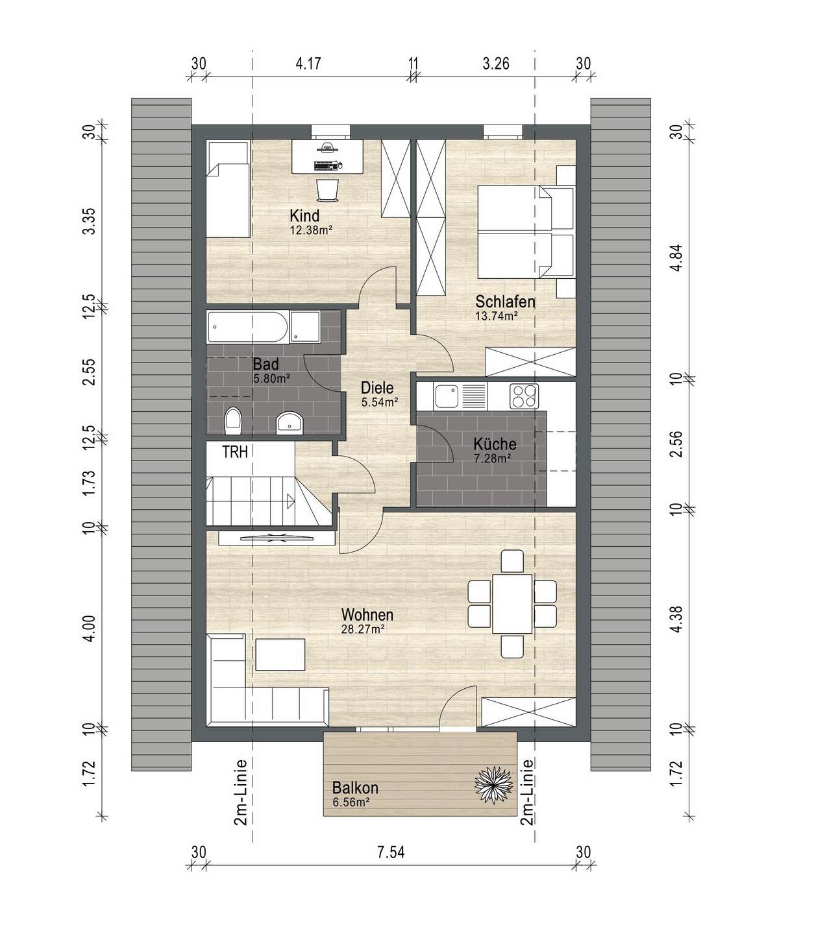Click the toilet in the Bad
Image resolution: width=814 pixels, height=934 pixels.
point(233,420)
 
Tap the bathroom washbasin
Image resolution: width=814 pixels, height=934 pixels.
point(290,422)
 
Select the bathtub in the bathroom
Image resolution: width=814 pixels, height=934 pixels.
point(248,327)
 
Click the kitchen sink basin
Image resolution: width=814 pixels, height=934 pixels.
point(447,396)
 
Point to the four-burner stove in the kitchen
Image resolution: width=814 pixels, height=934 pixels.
point(524,396)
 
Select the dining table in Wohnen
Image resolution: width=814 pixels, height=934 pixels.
point(512,603)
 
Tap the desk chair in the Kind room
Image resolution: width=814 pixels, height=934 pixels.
point(327,190)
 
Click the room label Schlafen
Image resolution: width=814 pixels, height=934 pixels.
point(505,302)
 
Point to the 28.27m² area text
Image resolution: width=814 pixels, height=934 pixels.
point(363,629)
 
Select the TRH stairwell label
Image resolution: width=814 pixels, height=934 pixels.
point(235,452)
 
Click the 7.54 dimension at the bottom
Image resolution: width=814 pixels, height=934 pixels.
point(391,852)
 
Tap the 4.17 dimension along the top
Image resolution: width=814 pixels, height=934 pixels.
point(308,64)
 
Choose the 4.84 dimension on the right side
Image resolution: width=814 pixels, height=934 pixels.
point(678,258)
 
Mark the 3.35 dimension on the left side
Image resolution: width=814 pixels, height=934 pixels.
point(89,221)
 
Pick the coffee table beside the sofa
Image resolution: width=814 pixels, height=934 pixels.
point(280,654)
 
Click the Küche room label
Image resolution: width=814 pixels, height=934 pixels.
point(495,444)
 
